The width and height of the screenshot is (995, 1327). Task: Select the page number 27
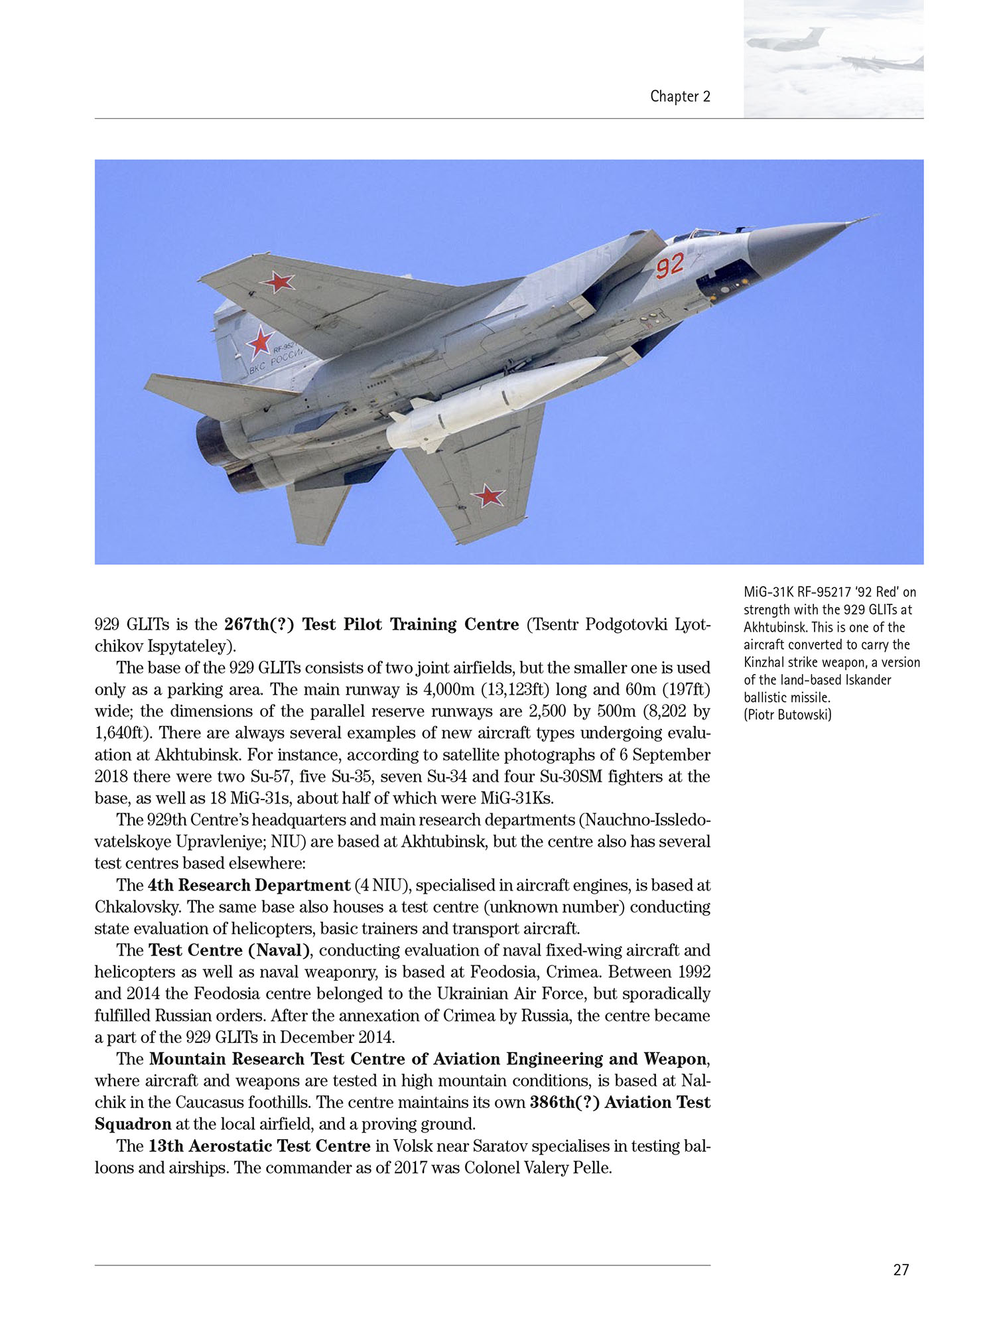coord(901,1269)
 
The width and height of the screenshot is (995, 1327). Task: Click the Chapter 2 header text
coord(680,97)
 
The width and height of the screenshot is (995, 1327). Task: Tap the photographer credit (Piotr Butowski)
coord(787,715)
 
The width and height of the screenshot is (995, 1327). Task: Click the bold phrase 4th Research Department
coord(249,885)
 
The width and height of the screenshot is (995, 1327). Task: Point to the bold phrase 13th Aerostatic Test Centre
coord(259,1146)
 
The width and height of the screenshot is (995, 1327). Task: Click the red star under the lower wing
coord(488,495)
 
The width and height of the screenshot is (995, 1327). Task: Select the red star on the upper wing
coord(278,282)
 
